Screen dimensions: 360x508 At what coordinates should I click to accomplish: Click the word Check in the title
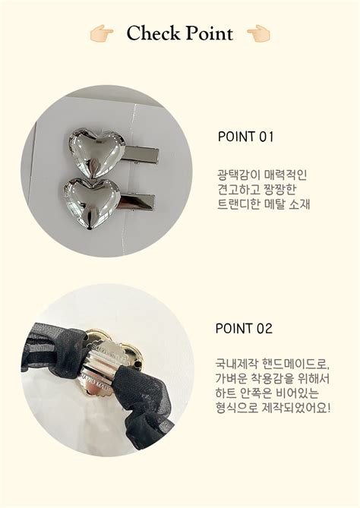pos(153,33)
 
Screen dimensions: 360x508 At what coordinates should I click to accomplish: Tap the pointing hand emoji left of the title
pos(102,33)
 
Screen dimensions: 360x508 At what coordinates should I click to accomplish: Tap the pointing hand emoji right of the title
pos(258,33)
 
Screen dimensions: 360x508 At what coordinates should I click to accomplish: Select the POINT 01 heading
pos(245,137)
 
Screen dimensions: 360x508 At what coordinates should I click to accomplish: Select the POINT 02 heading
pos(244,328)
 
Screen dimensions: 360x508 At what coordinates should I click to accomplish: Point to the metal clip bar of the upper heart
pos(142,155)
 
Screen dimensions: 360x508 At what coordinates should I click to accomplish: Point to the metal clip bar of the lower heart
pos(137,203)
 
